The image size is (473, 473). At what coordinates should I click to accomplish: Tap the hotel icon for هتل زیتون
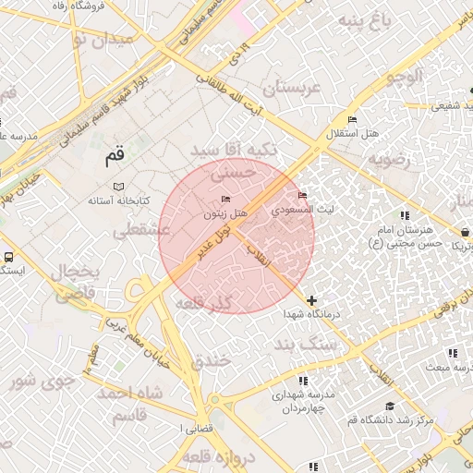pos(226,200)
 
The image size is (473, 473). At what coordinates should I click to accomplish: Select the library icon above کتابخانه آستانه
pos(118,187)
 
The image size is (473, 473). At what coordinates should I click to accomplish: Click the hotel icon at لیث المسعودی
pos(303,195)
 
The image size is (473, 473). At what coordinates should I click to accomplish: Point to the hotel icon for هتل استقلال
pos(352,120)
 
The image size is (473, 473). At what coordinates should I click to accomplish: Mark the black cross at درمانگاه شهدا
pos(312,300)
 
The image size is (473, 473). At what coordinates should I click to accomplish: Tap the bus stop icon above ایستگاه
pos(8,257)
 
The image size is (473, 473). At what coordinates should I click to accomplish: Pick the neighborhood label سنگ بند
pos(307,344)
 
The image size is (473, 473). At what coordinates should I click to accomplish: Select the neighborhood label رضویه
pos(388,159)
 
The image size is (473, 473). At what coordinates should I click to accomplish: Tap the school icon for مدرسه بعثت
pos(453,353)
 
